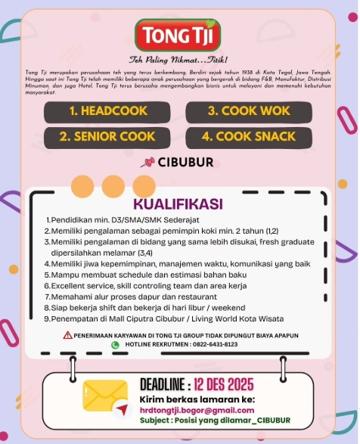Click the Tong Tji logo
click(x=178, y=33)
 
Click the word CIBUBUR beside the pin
click(x=185, y=163)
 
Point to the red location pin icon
click(x=147, y=163)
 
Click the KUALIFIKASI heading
click(x=178, y=204)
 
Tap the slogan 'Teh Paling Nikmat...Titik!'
click(x=178, y=59)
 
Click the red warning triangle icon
click(x=68, y=335)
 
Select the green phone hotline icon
click(x=116, y=345)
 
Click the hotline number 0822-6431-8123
click(x=216, y=345)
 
